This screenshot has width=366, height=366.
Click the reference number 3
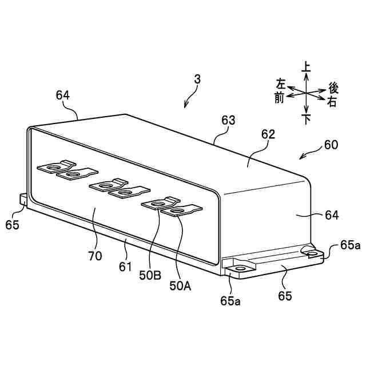tap(197, 81)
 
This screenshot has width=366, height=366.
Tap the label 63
tap(229, 120)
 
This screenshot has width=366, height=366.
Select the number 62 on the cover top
tap(268, 135)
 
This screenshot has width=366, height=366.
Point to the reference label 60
tap(331, 145)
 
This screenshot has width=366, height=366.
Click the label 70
tap(95, 256)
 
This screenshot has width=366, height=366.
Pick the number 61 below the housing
tap(125, 267)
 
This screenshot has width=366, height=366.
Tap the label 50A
tap(180, 285)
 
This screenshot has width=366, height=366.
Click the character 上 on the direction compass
tap(307, 67)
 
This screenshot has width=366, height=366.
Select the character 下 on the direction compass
tap(307, 120)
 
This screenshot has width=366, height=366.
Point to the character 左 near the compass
tap(281, 83)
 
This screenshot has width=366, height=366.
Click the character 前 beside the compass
tap(279, 98)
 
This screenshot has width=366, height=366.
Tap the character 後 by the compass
tap(334, 88)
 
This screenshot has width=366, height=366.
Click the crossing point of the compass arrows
tap(307, 93)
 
